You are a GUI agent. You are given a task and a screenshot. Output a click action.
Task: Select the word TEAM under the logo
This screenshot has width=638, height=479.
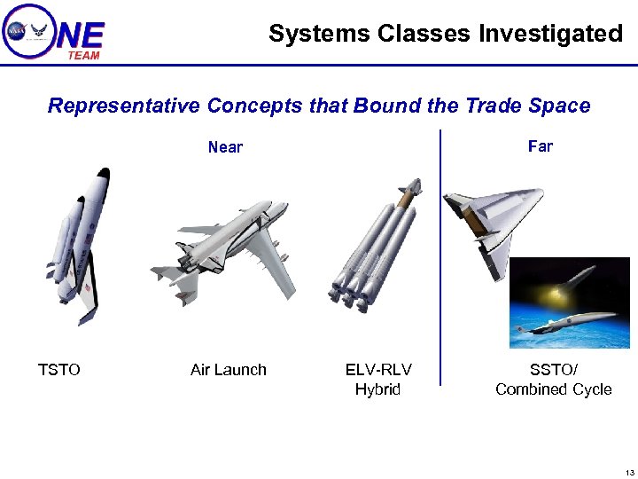(x=83, y=55)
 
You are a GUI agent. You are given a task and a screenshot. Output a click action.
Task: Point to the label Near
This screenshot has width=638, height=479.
(x=225, y=147)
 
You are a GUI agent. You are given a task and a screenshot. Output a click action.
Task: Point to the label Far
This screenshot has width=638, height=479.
(x=540, y=146)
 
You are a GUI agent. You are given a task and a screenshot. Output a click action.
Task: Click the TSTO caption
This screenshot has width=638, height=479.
(x=58, y=370)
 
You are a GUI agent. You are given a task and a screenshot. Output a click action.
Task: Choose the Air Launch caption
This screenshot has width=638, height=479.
(x=228, y=370)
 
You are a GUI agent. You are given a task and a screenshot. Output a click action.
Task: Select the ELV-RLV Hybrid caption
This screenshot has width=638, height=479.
(x=378, y=380)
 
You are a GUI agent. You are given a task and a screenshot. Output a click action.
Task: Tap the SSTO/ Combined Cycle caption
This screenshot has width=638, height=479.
(x=553, y=380)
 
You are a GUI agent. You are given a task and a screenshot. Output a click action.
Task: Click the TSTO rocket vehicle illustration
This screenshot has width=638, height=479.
(x=81, y=244)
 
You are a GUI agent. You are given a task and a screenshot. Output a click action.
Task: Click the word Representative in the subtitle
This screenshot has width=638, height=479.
(x=123, y=106)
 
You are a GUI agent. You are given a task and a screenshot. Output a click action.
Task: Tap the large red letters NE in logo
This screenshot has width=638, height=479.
(x=80, y=35)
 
